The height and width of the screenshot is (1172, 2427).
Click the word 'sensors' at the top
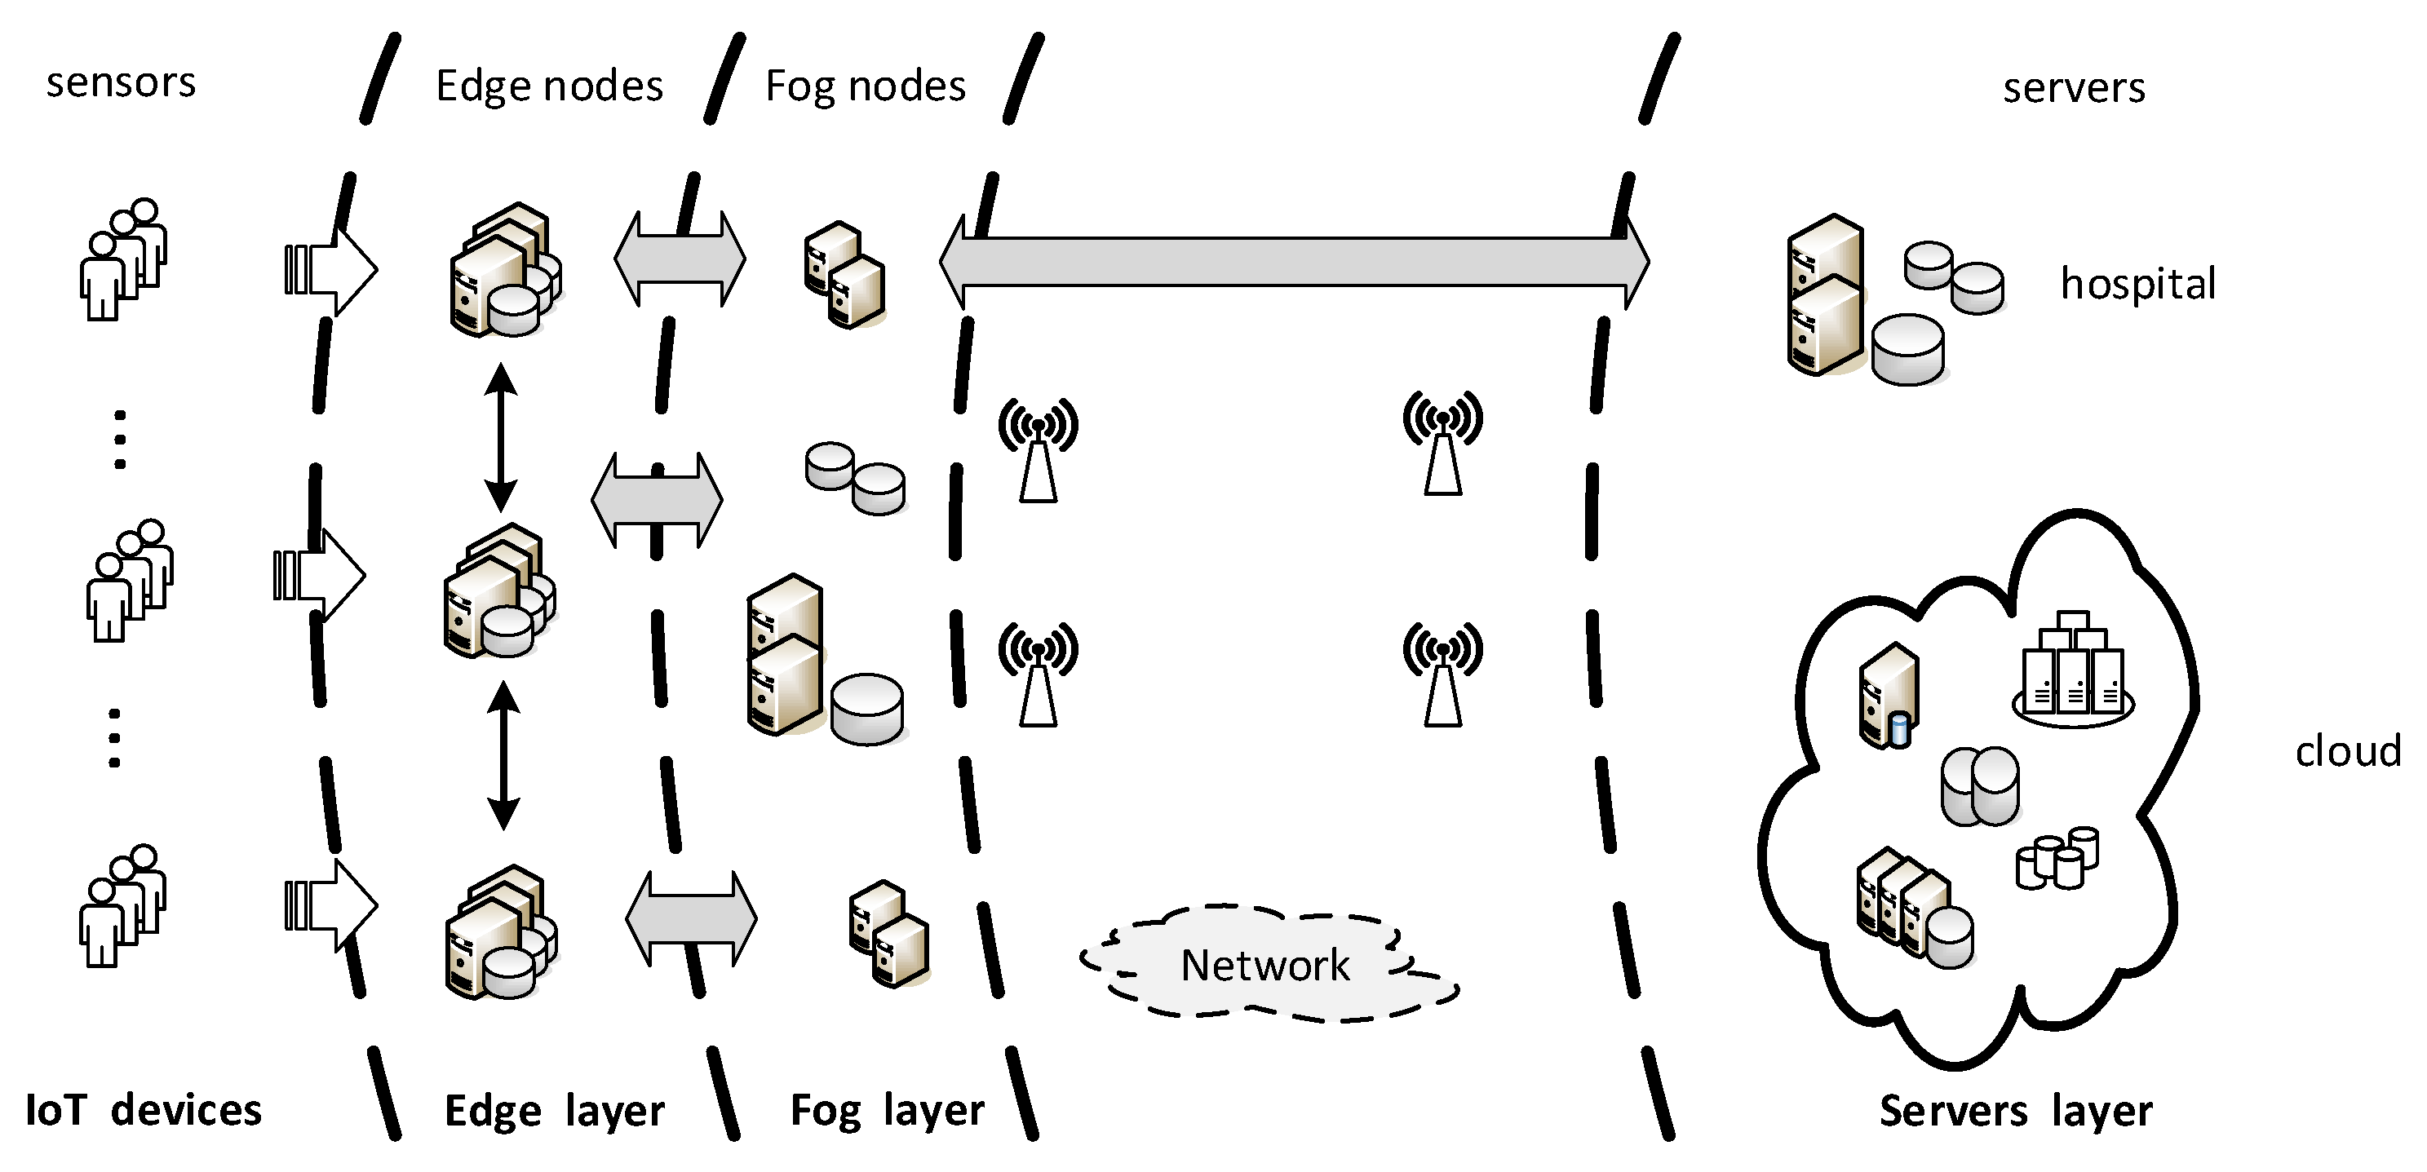tap(121, 83)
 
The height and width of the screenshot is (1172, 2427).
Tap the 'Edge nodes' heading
tap(549, 86)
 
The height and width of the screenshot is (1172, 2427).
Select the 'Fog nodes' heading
tap(865, 86)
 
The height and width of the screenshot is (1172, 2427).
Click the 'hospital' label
tap(2137, 285)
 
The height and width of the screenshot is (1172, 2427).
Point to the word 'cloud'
tap(2347, 752)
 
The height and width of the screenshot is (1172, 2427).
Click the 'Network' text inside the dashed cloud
tap(1264, 966)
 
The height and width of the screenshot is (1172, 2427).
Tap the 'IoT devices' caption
tap(144, 1110)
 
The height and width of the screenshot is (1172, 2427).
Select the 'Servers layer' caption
tap(2015, 1111)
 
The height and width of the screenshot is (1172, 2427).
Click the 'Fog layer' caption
tap(887, 1111)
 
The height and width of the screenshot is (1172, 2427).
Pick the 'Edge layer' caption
tap(554, 1111)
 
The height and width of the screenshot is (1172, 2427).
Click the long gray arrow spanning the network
tap(1294, 261)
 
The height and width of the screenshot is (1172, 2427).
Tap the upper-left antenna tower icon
tap(1038, 449)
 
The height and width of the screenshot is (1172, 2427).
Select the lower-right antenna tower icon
tap(1442, 674)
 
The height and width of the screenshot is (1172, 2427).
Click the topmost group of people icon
tap(123, 259)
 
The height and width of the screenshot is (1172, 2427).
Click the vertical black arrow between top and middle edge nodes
tap(500, 437)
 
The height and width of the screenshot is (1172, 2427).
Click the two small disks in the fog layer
tap(854, 478)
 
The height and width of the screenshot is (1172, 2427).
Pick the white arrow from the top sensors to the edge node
tap(332, 271)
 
